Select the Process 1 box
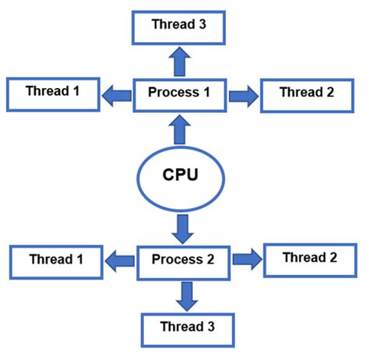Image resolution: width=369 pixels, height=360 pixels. (x=180, y=94)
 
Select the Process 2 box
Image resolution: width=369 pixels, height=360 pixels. (x=184, y=259)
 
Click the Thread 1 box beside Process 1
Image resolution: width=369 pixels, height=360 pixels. (x=52, y=93)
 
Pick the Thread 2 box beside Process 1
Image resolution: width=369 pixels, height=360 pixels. (x=307, y=94)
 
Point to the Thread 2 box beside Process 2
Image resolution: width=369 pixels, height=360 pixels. (x=310, y=259)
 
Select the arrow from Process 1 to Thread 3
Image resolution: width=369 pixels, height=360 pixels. (x=180, y=61)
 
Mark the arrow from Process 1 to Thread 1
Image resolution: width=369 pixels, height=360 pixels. (x=117, y=95)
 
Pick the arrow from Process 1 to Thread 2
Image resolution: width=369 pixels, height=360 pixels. (x=243, y=95)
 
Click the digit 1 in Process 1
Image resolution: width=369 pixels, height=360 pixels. (x=207, y=93)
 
